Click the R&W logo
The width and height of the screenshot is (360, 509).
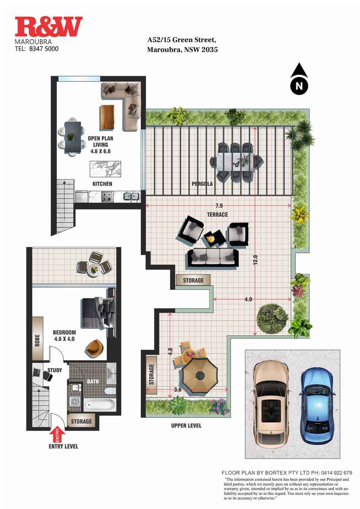pyautogui.click(x=49, y=27)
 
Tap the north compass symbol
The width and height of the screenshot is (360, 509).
pyautogui.click(x=299, y=80)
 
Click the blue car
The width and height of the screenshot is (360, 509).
pyautogui.click(x=317, y=405)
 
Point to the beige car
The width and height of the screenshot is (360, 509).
pyautogui.click(x=271, y=403)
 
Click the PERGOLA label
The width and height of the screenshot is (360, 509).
pyautogui.click(x=202, y=184)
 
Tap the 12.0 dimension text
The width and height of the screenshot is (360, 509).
pyautogui.click(x=255, y=258)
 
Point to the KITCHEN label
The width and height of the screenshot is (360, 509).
pyautogui.click(x=102, y=184)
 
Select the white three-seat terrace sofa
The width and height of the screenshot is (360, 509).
pyautogui.click(x=213, y=257)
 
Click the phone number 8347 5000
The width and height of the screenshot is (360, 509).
pyautogui.click(x=43, y=49)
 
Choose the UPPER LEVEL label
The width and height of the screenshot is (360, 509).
pyautogui.click(x=186, y=426)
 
